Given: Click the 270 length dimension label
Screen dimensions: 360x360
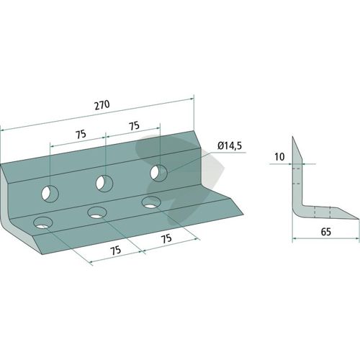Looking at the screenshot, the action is click(x=102, y=105).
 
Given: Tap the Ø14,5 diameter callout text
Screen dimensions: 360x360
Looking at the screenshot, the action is click(x=230, y=146).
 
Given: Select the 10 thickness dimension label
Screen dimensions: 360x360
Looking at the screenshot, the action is click(x=279, y=157).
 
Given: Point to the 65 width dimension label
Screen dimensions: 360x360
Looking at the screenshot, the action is click(x=325, y=232).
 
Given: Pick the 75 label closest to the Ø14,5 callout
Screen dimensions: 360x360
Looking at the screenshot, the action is click(x=134, y=126).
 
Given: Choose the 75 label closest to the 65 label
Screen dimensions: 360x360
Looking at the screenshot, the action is click(x=166, y=238).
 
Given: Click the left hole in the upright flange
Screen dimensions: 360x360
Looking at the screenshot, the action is click(x=50, y=194).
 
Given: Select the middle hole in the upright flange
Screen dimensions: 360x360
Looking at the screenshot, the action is click(x=104, y=184).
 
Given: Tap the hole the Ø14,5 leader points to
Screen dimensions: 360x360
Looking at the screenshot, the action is click(x=158, y=173).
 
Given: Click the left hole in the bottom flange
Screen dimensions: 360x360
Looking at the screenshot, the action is click(x=43, y=223).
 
